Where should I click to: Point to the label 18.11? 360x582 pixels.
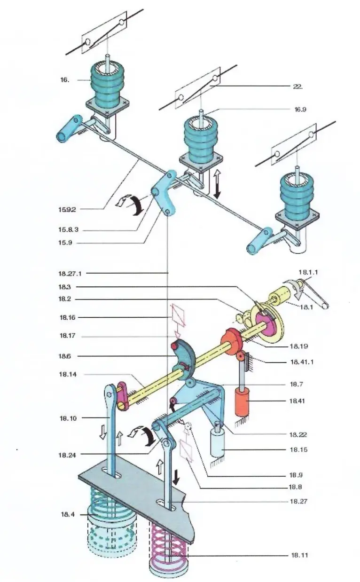click(x=298, y=555)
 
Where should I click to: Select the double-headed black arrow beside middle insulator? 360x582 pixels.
click(x=217, y=184)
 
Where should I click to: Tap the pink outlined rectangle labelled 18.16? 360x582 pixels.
click(x=177, y=314)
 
